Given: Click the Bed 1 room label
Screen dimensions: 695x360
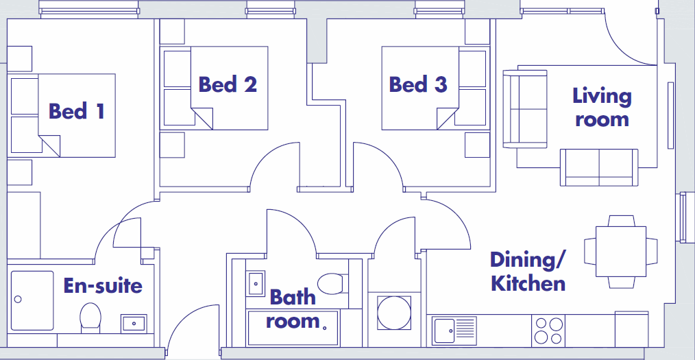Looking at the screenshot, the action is click(x=76, y=111).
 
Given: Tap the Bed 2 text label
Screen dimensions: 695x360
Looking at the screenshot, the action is click(x=228, y=84).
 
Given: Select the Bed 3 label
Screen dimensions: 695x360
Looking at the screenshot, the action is click(x=418, y=84).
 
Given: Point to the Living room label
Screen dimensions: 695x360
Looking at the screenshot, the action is click(x=602, y=107).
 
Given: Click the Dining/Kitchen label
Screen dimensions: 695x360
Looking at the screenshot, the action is click(x=528, y=272).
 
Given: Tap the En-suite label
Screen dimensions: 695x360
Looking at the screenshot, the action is click(x=103, y=285).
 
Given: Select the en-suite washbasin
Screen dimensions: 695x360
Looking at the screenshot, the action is click(x=134, y=323).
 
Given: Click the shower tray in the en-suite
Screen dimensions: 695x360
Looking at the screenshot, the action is click(x=32, y=300).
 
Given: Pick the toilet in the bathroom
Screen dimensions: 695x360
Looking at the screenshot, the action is click(x=333, y=284).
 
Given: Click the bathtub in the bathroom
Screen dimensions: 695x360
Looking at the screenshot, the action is click(x=293, y=328).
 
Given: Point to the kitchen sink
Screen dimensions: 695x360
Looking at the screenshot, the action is click(x=454, y=331).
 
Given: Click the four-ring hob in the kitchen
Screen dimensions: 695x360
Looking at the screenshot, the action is click(x=549, y=331).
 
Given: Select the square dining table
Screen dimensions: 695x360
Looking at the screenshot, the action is click(x=620, y=252).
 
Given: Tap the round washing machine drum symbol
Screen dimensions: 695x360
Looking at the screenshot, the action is click(x=394, y=313).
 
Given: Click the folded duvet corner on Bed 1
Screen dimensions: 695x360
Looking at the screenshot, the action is click(x=49, y=146).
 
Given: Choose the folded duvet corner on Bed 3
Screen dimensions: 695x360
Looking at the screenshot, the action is click(x=448, y=119).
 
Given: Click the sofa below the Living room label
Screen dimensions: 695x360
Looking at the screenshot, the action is click(x=599, y=167).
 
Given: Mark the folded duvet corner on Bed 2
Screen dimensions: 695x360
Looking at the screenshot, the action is click(x=202, y=119).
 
